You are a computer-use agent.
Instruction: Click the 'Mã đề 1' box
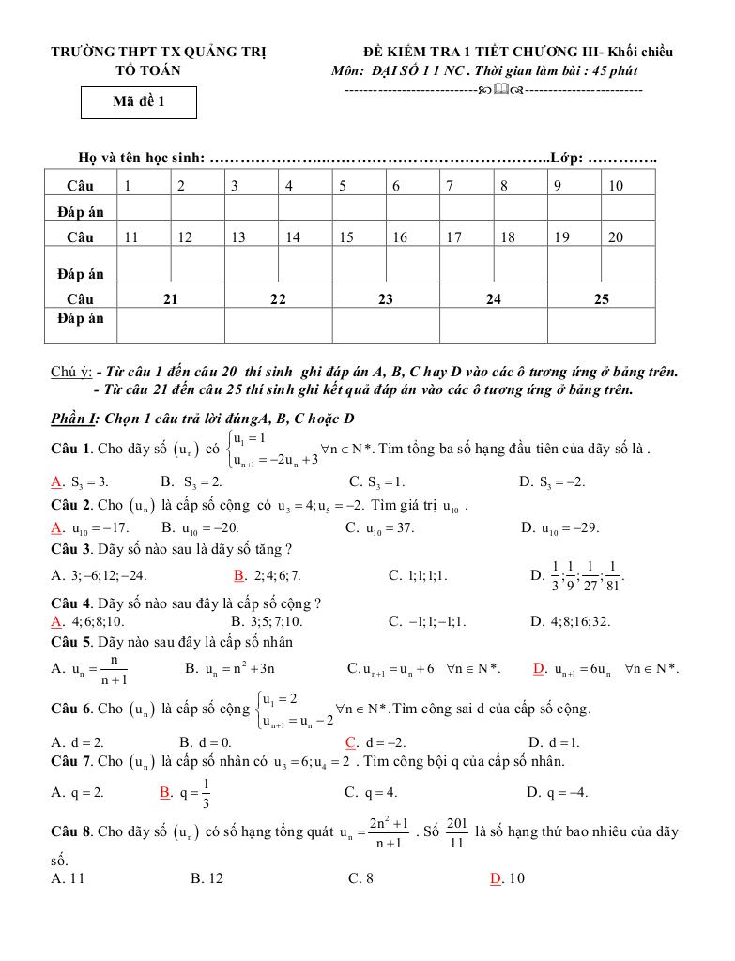tap(139, 103)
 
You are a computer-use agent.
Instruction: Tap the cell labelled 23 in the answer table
tap(386, 299)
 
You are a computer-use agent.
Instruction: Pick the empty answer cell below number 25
tap(602, 326)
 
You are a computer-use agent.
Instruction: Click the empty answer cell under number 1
tap(144, 208)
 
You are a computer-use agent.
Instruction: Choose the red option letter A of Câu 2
tap(56, 527)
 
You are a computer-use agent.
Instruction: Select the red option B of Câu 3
tap(239, 574)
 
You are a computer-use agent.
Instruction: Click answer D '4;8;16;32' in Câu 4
tap(571, 620)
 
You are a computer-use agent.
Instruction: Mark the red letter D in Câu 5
tap(539, 668)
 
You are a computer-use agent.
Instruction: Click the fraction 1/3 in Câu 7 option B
tap(206, 792)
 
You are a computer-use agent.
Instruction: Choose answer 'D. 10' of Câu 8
tap(508, 878)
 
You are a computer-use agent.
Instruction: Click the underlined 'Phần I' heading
tap(73, 419)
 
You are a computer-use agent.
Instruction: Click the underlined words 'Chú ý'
tap(69, 372)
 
